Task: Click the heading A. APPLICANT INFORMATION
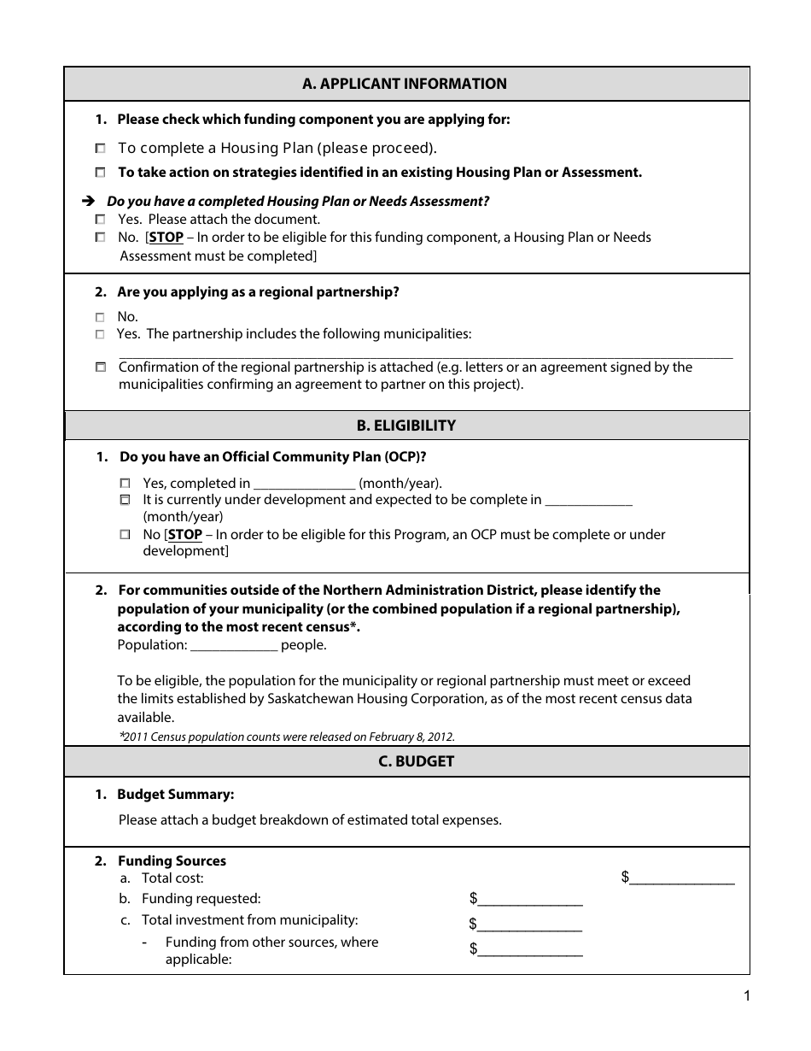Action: (x=405, y=84)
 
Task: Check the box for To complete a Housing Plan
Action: (x=101, y=148)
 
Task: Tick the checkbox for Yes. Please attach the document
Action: (x=101, y=220)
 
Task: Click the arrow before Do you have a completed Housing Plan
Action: (x=87, y=202)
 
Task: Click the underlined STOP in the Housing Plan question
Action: (x=166, y=238)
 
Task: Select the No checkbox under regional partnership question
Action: (x=101, y=317)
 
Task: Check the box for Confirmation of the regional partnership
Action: (x=101, y=367)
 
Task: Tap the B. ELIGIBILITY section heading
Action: (x=405, y=426)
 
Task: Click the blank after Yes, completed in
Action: (x=304, y=484)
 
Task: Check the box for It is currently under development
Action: (x=125, y=500)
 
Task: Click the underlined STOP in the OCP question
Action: (x=184, y=535)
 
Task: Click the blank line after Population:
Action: (x=234, y=646)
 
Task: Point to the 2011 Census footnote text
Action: (x=287, y=737)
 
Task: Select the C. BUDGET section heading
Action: (x=405, y=761)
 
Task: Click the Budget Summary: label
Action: (x=175, y=795)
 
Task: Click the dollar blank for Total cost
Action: (x=682, y=878)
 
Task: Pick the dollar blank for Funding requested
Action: (x=530, y=900)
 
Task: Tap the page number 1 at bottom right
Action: (x=746, y=995)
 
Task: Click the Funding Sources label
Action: (x=172, y=861)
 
